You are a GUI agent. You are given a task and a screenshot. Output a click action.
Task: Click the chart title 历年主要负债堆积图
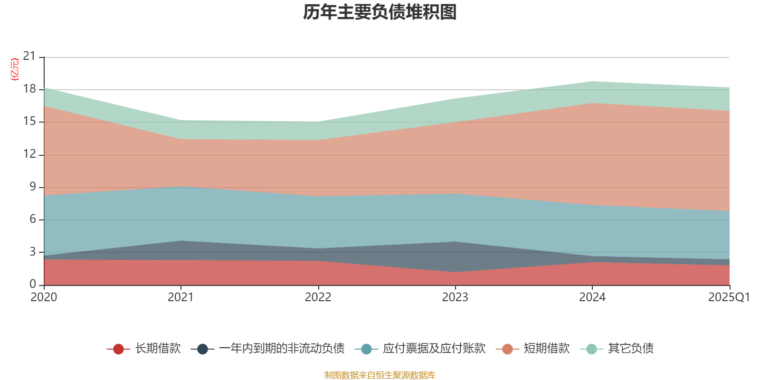tap(380, 12)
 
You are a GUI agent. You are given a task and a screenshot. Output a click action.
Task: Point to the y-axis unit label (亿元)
tap(15, 69)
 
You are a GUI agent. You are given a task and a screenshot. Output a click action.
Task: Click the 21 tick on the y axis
tap(29, 57)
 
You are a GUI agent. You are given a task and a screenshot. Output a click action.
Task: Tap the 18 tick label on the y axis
tap(29, 89)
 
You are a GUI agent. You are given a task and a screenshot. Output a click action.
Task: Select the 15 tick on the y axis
tap(29, 122)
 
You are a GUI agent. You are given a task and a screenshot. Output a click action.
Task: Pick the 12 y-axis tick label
tap(29, 154)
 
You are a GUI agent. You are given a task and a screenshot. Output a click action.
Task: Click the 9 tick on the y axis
tap(32, 187)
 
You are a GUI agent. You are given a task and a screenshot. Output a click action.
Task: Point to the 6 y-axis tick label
tap(32, 219)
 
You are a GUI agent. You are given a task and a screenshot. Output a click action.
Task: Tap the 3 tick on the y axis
tap(32, 252)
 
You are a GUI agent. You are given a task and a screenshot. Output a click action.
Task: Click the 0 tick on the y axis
tap(32, 284)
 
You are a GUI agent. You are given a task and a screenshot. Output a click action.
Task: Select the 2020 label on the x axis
tap(44, 297)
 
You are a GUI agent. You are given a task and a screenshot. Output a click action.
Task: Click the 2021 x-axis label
tap(180, 297)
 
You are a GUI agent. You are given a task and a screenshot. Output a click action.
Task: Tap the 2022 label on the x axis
tap(318, 297)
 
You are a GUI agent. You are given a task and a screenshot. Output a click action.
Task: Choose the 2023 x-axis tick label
tap(455, 297)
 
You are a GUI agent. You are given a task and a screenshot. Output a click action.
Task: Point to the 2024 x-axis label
tap(592, 297)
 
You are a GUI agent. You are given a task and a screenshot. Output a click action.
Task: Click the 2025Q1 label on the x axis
tap(729, 297)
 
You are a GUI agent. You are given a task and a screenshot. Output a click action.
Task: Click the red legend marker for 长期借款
tap(118, 349)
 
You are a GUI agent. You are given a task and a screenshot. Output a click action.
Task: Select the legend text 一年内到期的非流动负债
tap(282, 349)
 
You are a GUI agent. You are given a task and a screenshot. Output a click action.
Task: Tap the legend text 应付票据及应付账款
tap(434, 349)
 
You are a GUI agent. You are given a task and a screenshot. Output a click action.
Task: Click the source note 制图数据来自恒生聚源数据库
tap(380, 375)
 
